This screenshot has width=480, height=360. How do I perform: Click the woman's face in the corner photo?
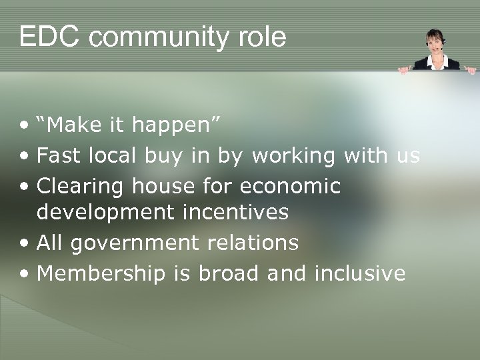tap(436, 42)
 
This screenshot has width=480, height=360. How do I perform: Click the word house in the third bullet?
tap(163, 187)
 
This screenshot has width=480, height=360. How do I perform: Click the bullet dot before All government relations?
tap(25, 244)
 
